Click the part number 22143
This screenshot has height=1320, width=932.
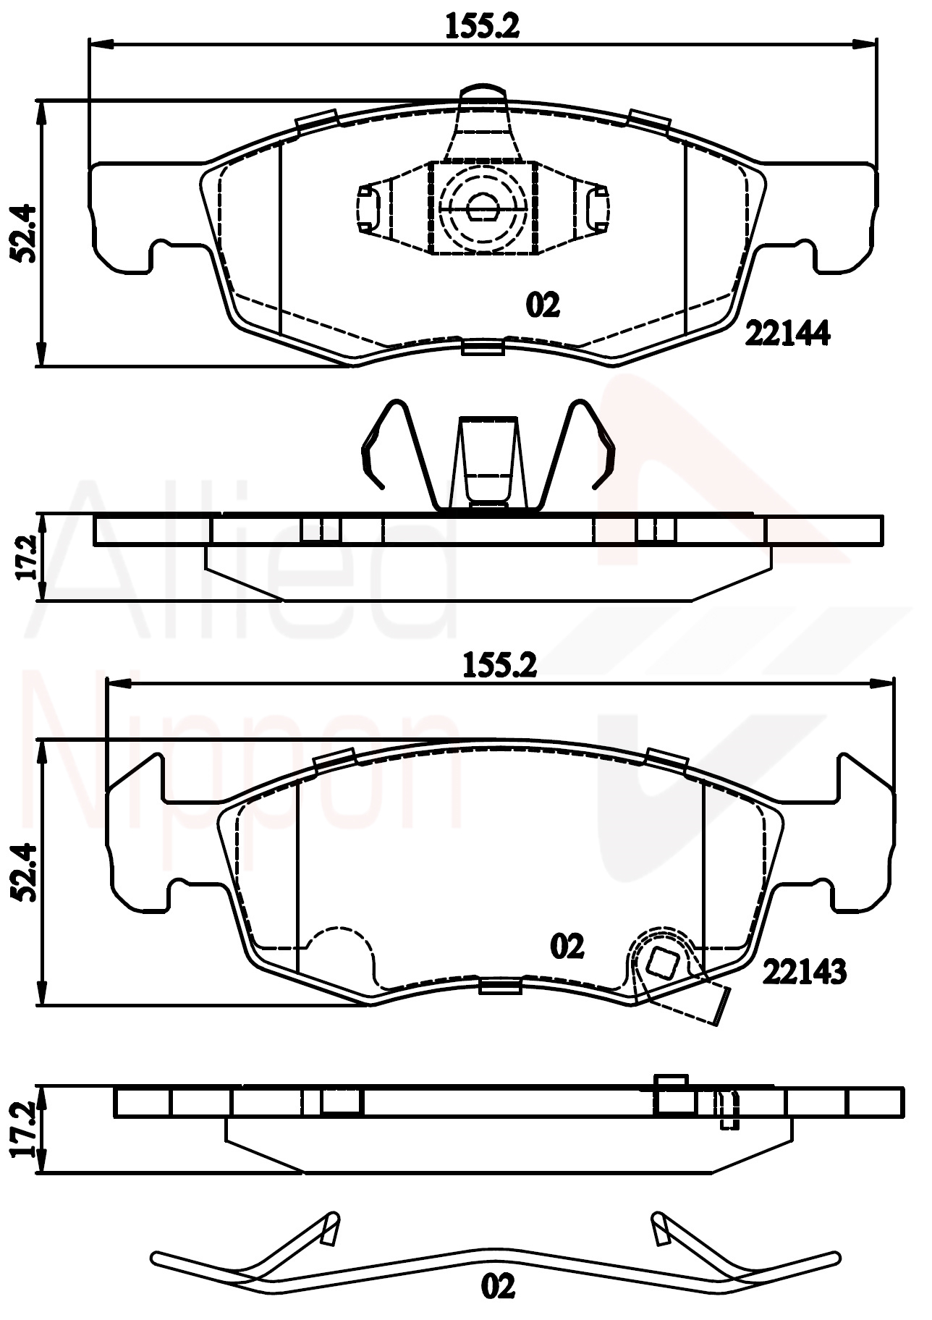pyautogui.click(x=804, y=972)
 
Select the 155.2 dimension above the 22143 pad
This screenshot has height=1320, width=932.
pyautogui.click(x=500, y=665)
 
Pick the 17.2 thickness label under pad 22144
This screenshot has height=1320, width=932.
pyautogui.click(x=27, y=557)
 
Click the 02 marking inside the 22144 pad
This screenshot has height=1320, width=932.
pyautogui.click(x=543, y=305)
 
